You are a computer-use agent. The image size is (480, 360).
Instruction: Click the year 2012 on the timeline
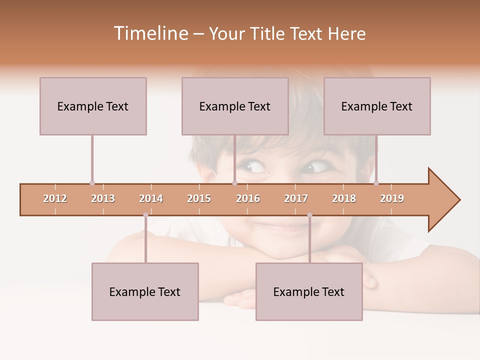pyautogui.click(x=55, y=198)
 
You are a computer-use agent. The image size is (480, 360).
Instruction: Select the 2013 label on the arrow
pyautogui.click(x=103, y=198)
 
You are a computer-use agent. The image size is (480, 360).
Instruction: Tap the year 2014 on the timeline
pyautogui.click(x=151, y=198)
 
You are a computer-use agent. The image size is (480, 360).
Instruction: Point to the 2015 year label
pyautogui.click(x=199, y=198)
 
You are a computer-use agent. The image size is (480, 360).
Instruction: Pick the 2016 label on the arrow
pyautogui.click(x=248, y=198)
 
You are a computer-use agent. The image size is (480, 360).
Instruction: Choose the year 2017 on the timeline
pyautogui.click(x=296, y=198)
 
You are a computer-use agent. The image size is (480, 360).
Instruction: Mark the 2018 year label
pyautogui.click(x=344, y=198)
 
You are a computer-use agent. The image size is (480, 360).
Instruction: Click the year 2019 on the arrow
pyautogui.click(x=392, y=198)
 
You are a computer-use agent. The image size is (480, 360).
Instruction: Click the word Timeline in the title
pyautogui.click(x=150, y=33)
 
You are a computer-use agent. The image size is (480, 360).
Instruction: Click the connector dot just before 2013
pyautogui.click(x=92, y=183)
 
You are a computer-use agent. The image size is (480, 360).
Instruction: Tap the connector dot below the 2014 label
pyautogui.click(x=145, y=215)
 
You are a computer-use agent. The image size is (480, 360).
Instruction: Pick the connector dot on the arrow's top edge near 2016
pyautogui.click(x=234, y=183)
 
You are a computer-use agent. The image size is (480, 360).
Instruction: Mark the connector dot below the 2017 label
pyautogui.click(x=309, y=215)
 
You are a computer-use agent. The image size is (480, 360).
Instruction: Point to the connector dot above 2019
pyautogui.click(x=376, y=183)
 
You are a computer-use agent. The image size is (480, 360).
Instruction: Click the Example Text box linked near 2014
pyautogui.click(x=145, y=291)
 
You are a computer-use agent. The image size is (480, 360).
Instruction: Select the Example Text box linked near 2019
pyautogui.click(x=377, y=106)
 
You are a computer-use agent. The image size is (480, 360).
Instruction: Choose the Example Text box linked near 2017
pyautogui.click(x=309, y=291)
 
